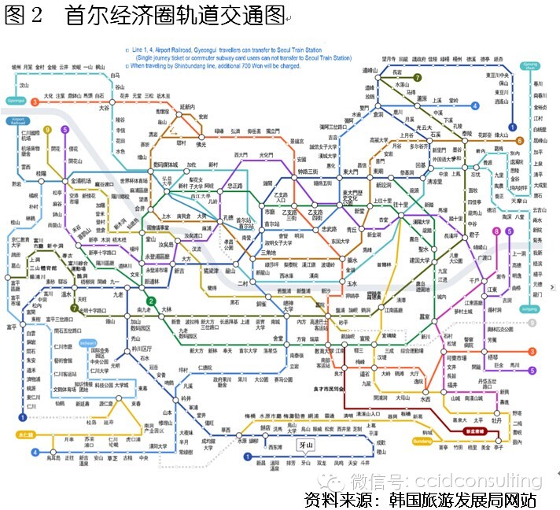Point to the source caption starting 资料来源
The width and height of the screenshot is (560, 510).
(x=421, y=500)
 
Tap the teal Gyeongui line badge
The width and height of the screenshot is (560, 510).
(x=16, y=101)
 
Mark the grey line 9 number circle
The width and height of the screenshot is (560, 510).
(x=532, y=323)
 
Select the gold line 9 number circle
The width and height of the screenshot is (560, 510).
(x=47, y=130)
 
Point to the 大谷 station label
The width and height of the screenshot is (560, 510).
(x=105, y=109)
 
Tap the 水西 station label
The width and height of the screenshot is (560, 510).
(x=426, y=399)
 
